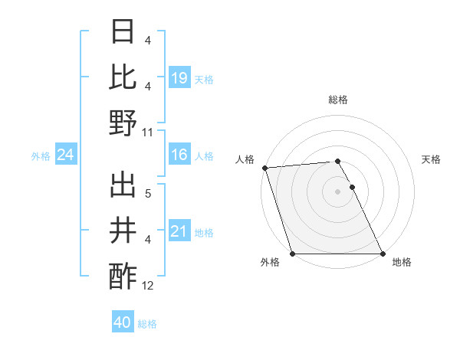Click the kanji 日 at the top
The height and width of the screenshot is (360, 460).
123,33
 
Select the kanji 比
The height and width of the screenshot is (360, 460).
123,77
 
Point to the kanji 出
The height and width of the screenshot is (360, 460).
123,186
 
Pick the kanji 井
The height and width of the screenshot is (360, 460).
123,231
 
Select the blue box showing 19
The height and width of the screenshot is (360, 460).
179,77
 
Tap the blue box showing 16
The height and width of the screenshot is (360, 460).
179,155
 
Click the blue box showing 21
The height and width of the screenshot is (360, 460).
179,231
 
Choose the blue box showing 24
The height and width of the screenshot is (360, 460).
66,155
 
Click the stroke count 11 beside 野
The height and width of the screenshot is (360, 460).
148,132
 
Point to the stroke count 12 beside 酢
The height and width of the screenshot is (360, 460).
148,286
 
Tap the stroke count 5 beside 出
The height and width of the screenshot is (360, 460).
148,195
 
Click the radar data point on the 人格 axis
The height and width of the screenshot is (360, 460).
265,168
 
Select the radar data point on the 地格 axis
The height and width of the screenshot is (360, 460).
383,254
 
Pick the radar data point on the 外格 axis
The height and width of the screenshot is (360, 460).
293,254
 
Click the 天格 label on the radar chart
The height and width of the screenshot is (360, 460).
432,159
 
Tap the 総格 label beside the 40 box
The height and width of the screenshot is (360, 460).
147,324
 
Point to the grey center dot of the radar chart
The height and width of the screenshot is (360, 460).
337,191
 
